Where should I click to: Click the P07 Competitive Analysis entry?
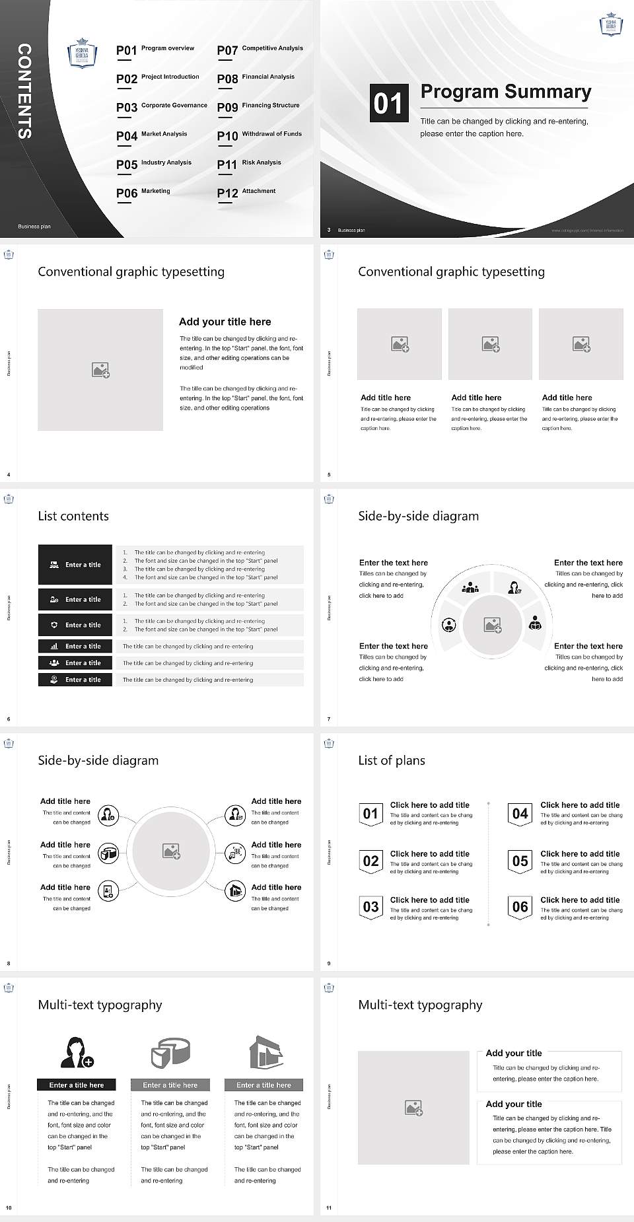(260, 50)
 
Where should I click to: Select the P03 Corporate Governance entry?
(162, 106)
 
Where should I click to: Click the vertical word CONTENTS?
(24, 91)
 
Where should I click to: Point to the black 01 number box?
(388, 103)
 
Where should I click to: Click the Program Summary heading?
(505, 92)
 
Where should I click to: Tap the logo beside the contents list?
(83, 54)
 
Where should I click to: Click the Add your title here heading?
(225, 322)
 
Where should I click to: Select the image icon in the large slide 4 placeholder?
(100, 370)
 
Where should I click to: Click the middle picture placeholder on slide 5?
(490, 344)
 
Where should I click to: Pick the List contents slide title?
(73, 516)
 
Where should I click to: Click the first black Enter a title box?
(75, 565)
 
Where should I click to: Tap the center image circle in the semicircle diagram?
(492, 625)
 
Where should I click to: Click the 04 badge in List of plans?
(520, 814)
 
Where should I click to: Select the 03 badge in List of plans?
(370, 907)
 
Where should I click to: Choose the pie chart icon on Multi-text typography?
(170, 1052)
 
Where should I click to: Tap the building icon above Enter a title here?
(265, 1052)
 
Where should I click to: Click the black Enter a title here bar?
(76, 1085)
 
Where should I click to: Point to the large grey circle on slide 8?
(171, 851)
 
